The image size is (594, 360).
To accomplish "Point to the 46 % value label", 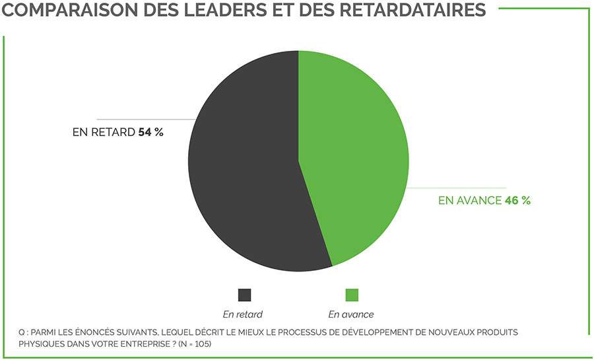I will (517, 200).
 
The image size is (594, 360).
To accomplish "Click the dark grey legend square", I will (244, 295).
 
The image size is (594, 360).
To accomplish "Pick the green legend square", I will (352, 295).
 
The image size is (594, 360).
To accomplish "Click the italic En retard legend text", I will (243, 314).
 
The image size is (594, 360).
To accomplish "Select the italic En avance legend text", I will (351, 314).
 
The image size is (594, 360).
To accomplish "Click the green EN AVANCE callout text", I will (470, 200).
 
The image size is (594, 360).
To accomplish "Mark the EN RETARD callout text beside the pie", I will (104, 132).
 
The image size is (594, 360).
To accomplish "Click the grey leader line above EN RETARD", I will (145, 119).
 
